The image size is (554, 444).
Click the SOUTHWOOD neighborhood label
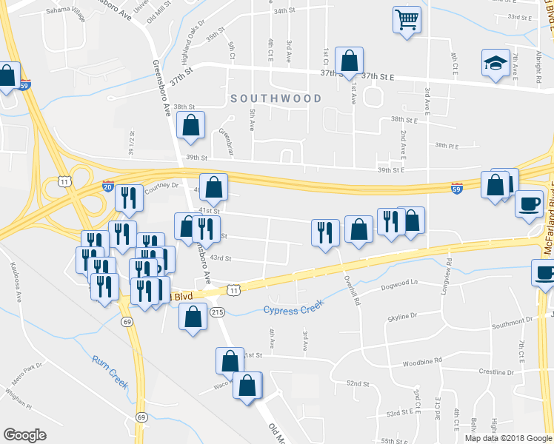[276, 98]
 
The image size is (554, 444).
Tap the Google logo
[25, 434]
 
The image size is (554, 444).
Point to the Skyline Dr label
[402, 317]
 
